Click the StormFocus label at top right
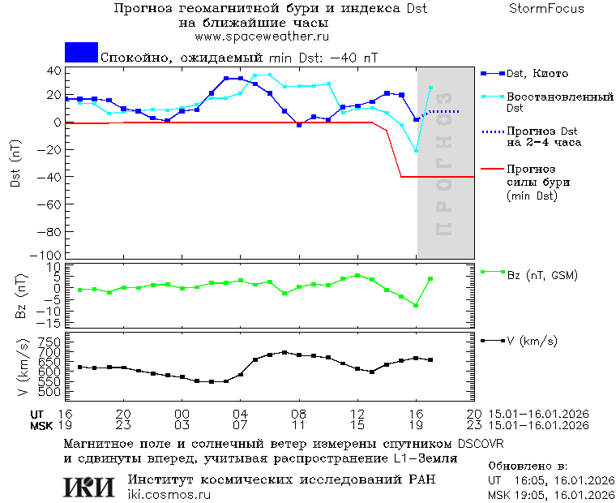[x=546, y=9]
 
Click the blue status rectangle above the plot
[x=81, y=53]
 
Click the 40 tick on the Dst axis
[x=53, y=71]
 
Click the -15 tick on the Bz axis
[x=50, y=323]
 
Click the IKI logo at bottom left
[x=89, y=487]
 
